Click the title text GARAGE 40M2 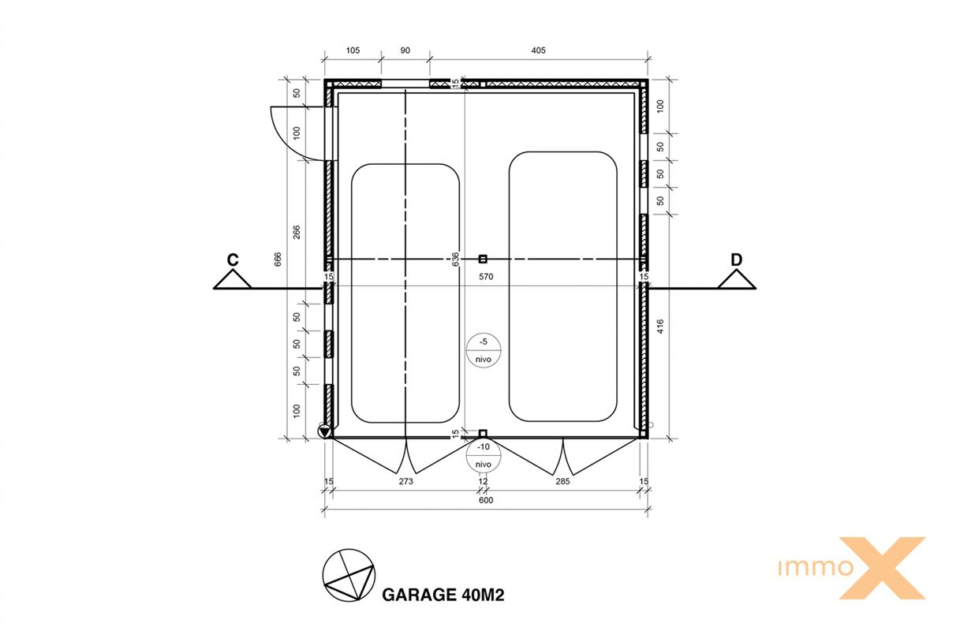click(x=443, y=595)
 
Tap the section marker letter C click(x=233, y=259)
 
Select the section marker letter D click(x=736, y=259)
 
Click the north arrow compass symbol click(x=349, y=575)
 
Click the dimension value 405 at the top click(x=539, y=50)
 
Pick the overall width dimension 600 click(x=486, y=500)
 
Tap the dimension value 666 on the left click(x=278, y=259)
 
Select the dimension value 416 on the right click(x=660, y=327)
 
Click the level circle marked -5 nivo click(x=484, y=350)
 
